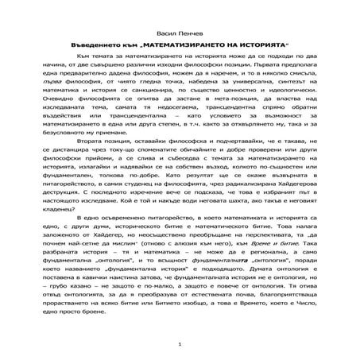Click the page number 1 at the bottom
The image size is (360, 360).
point(180,344)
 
